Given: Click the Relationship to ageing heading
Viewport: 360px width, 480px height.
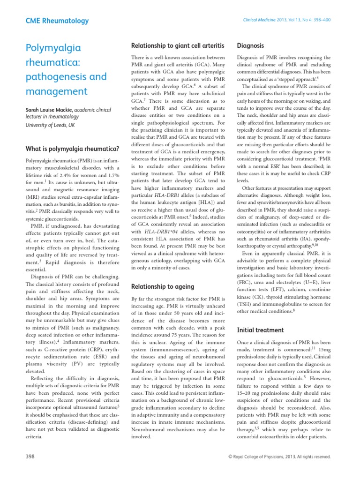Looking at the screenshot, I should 161,285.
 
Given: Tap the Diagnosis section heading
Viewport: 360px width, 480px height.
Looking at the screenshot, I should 251,45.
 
